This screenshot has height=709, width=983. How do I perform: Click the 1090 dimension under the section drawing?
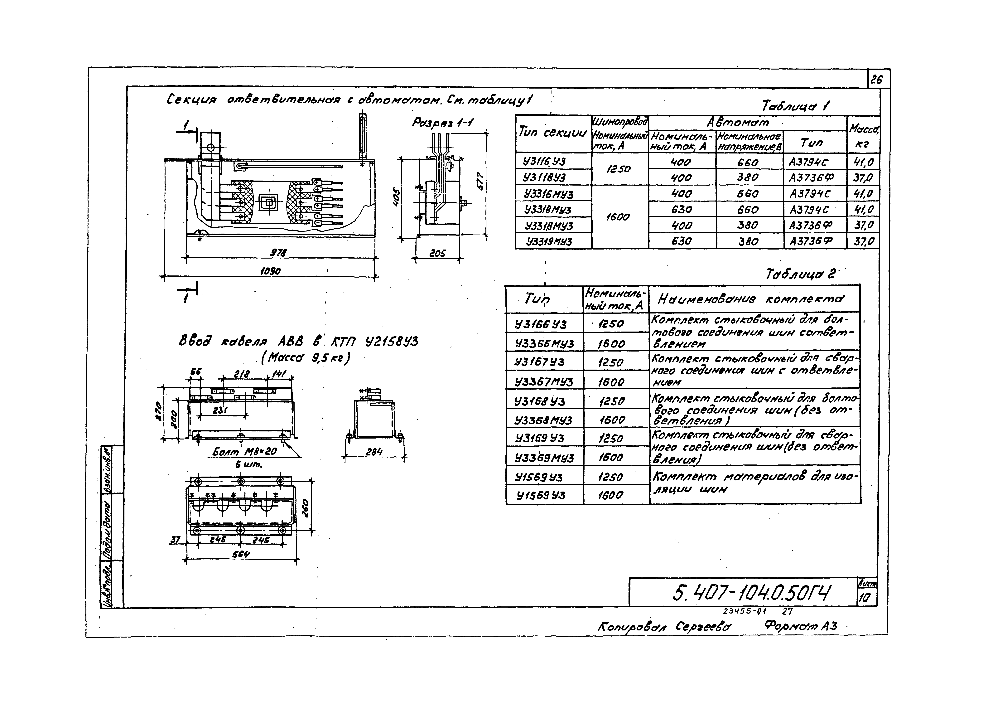coord(270,271)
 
